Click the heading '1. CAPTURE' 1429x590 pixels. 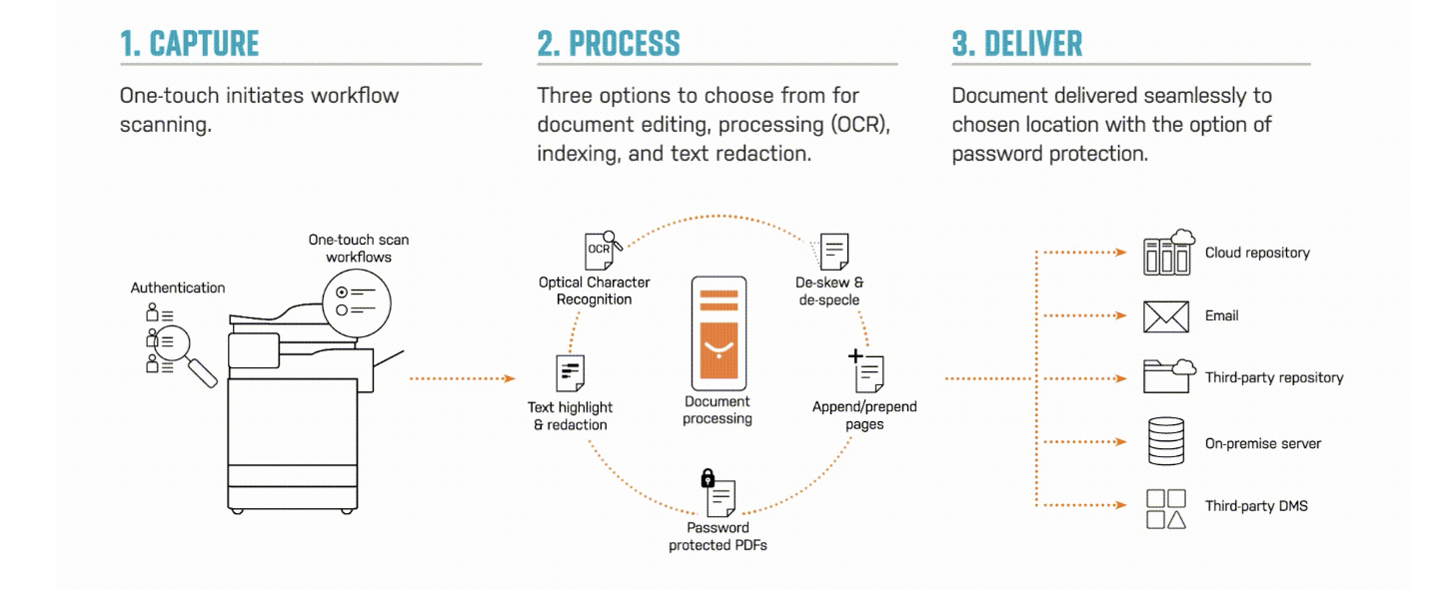[189, 44]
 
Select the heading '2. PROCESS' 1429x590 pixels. [609, 44]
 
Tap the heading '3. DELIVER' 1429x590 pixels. [1016, 44]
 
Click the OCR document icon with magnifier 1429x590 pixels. [602, 251]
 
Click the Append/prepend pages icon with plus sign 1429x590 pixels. [867, 372]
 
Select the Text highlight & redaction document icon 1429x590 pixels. [570, 373]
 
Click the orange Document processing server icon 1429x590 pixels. [718, 333]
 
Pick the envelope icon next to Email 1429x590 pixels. [1166, 316]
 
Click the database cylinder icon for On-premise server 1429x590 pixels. [1166, 442]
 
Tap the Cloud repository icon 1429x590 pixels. [1168, 253]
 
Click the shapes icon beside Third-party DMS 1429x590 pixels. [1166, 508]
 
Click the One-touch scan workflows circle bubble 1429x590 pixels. [357, 301]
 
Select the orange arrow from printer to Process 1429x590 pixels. [462, 378]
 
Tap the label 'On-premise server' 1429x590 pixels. [1262, 443]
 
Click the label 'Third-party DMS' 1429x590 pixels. [1256, 506]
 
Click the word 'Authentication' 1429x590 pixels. [178, 288]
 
